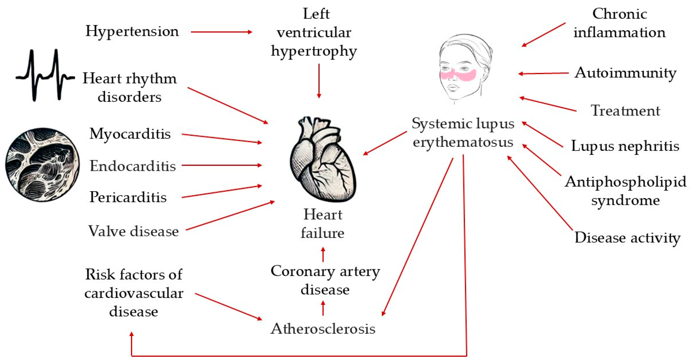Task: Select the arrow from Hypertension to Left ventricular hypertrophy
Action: tap(221, 32)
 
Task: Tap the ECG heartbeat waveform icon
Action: tap(45, 75)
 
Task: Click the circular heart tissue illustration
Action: tap(42, 165)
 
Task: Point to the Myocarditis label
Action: tap(130, 134)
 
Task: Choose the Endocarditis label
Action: tap(133, 166)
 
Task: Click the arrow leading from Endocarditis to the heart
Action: tap(221, 165)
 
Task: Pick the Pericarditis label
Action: tap(128, 197)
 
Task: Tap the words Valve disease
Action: tap(133, 231)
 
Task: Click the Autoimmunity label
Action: tap(625, 73)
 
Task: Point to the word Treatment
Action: tap(625, 111)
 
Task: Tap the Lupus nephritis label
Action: tap(625, 146)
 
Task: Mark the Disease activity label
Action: tap(627, 238)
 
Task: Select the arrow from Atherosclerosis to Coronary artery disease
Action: tap(323, 308)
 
